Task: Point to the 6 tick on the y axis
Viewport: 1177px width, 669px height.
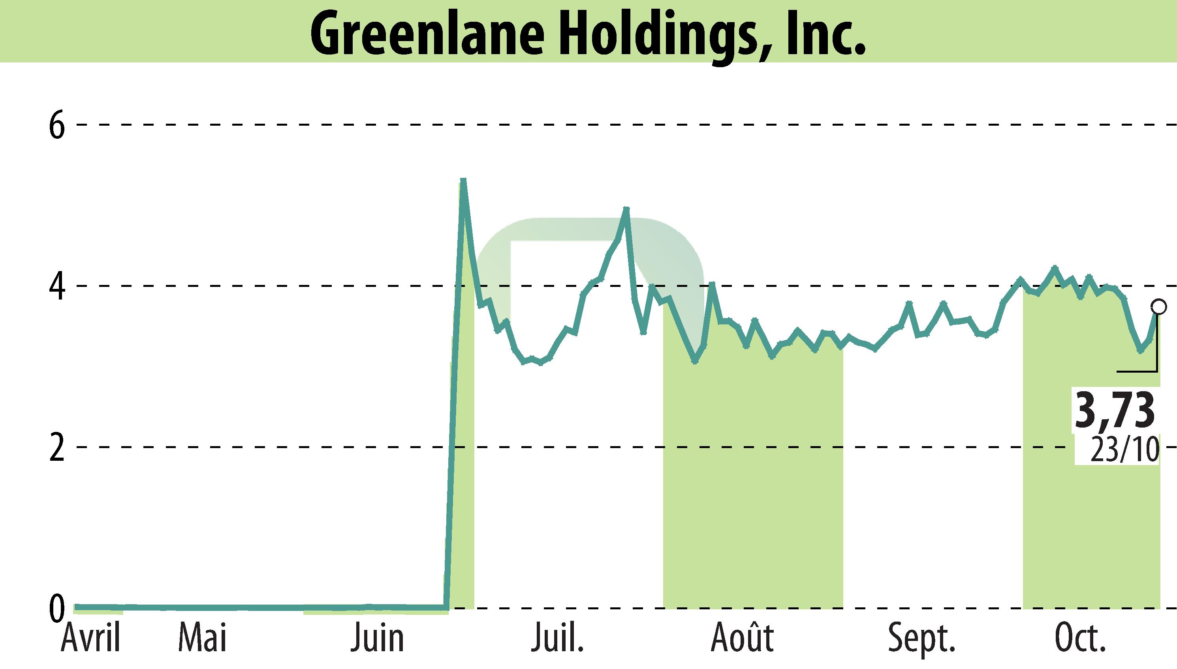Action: pos(57,125)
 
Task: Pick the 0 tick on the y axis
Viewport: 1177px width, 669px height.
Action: pos(57,609)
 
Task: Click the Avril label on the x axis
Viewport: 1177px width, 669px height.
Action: pos(90,638)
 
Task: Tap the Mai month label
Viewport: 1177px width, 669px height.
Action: pos(203,638)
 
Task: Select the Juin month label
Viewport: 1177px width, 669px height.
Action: pos(377,638)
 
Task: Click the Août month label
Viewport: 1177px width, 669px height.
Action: pos(742,638)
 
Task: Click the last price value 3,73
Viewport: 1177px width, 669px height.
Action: pos(1114,409)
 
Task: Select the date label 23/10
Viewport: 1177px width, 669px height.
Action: pos(1124,450)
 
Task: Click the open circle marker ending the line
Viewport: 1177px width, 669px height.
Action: pos(1158,307)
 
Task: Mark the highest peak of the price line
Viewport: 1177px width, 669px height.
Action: pos(463,180)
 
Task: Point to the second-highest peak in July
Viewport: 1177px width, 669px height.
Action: pos(626,209)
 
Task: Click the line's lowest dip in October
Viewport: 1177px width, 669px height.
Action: pos(1140,351)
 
